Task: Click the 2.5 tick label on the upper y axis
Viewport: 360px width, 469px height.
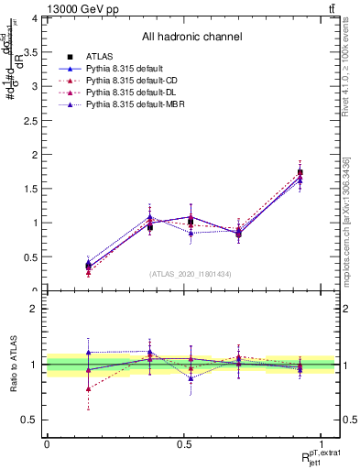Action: click(x=29, y=120)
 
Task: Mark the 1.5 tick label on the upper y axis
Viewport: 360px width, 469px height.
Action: click(x=29, y=189)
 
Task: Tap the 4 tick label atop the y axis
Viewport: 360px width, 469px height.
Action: click(x=33, y=18)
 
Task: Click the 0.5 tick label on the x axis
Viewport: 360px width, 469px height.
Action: click(x=184, y=443)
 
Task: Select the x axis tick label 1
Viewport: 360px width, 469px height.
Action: click(x=322, y=443)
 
